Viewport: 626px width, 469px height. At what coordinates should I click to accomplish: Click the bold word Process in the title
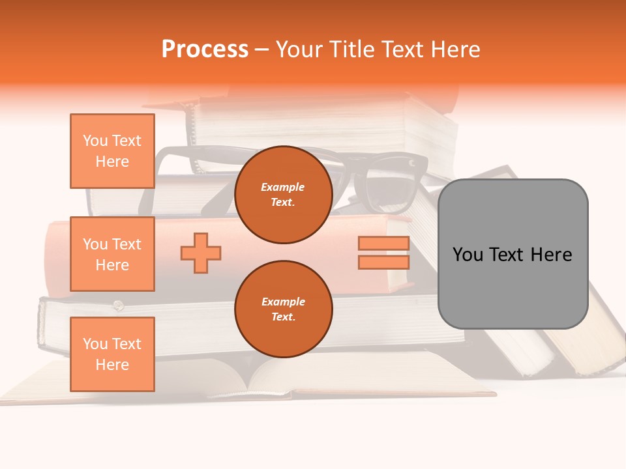(x=205, y=50)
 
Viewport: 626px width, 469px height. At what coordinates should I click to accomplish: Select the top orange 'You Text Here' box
(x=112, y=151)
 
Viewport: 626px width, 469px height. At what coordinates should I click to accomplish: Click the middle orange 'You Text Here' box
(x=112, y=254)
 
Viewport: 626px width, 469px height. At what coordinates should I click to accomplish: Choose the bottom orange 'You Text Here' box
(x=112, y=354)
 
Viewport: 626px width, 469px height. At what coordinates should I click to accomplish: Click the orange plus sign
(x=201, y=253)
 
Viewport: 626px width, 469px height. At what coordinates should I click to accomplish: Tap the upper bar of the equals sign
(x=383, y=244)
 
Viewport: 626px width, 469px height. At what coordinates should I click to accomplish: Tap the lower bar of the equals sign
(x=383, y=262)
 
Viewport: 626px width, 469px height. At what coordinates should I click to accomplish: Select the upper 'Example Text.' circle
(x=283, y=195)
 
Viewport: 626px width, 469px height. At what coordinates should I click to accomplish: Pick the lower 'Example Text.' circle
(x=283, y=309)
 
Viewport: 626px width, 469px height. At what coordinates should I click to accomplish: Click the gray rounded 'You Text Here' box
(x=513, y=254)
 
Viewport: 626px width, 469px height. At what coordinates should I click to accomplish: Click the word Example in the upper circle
(x=283, y=187)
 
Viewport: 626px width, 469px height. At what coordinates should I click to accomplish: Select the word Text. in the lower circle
(x=283, y=317)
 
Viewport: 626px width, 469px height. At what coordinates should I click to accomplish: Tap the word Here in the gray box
(x=551, y=255)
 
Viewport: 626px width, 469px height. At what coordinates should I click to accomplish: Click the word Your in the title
(x=297, y=50)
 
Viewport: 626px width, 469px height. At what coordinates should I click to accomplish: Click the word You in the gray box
(x=468, y=255)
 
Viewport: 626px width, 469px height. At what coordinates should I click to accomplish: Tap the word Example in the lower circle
(x=283, y=302)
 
